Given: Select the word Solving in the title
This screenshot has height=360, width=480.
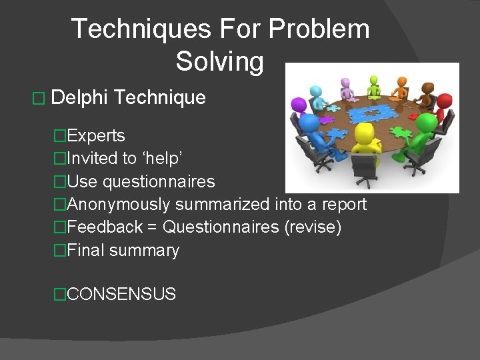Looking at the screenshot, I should (x=220, y=61).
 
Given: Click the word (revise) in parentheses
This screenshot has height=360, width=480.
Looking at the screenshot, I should (x=313, y=227).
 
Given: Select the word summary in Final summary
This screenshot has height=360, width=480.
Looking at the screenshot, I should (x=144, y=251).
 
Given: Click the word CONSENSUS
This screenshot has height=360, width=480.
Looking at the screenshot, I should (x=122, y=294).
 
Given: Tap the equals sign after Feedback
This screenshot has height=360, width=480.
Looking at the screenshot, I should (x=153, y=227).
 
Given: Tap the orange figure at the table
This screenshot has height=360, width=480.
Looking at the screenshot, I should (x=401, y=86).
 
